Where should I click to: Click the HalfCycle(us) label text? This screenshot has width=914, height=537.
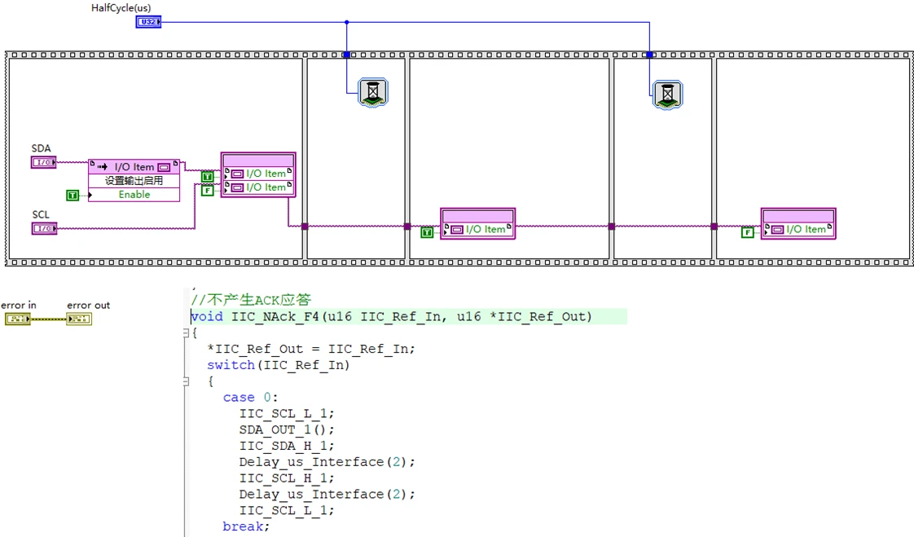click(121, 8)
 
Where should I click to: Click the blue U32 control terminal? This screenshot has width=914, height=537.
click(148, 22)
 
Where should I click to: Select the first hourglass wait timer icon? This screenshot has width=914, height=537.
click(373, 93)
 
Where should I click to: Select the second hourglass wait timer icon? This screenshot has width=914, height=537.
click(667, 95)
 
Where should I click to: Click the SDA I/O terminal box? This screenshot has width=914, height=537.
click(43, 162)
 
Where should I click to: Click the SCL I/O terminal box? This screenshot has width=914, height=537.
click(43, 228)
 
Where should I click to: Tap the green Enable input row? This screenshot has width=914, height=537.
click(134, 195)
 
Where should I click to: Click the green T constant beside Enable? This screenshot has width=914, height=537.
click(73, 195)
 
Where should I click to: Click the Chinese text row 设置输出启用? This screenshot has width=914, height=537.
click(134, 181)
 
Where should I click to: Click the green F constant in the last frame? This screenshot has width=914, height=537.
click(748, 232)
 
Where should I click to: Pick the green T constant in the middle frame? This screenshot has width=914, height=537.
click(427, 232)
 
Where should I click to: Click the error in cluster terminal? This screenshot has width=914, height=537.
click(17, 319)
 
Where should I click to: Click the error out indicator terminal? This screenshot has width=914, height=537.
click(79, 319)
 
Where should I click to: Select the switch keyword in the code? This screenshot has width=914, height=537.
click(231, 365)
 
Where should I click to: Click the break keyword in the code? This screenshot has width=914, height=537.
click(244, 526)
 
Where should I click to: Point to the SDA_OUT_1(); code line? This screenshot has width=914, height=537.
click(287, 429)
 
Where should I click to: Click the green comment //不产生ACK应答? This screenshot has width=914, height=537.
click(252, 300)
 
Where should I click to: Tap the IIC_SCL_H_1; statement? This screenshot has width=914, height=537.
click(287, 478)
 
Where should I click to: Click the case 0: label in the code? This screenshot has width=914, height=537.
click(250, 398)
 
